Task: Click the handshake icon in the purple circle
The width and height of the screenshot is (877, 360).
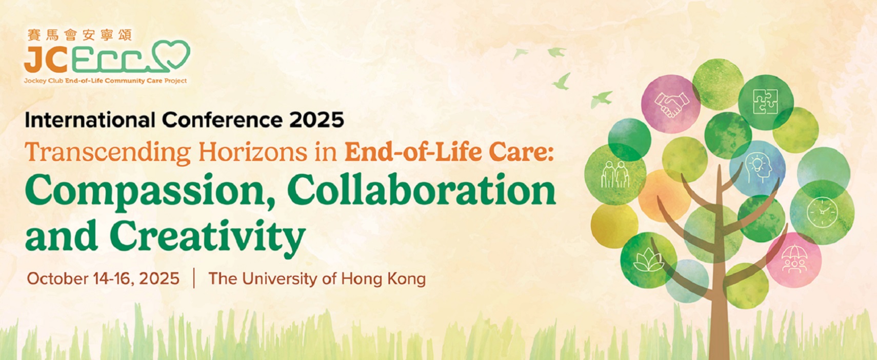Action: pos(671,104)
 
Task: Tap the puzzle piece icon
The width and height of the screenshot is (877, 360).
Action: pos(765,102)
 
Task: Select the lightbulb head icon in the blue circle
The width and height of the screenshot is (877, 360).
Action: pos(759,168)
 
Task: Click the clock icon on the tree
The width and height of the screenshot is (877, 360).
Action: pos(822,212)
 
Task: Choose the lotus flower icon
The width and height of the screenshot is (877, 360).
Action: pos(649,260)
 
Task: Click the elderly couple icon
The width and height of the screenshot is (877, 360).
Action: pos(615,174)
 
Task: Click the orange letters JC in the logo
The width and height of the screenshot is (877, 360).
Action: pos(46,62)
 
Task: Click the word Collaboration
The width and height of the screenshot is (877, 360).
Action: pos(422,189)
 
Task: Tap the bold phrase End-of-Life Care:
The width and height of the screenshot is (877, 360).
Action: pos(449,152)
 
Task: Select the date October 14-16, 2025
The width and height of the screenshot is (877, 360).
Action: pos(104,278)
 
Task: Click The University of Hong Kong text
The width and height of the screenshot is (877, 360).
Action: pos(317,279)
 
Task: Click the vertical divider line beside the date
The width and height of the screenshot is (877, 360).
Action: pos(194,278)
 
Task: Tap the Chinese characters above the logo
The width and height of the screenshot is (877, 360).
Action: pos(80,35)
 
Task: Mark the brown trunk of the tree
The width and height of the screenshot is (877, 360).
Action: pos(719,274)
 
